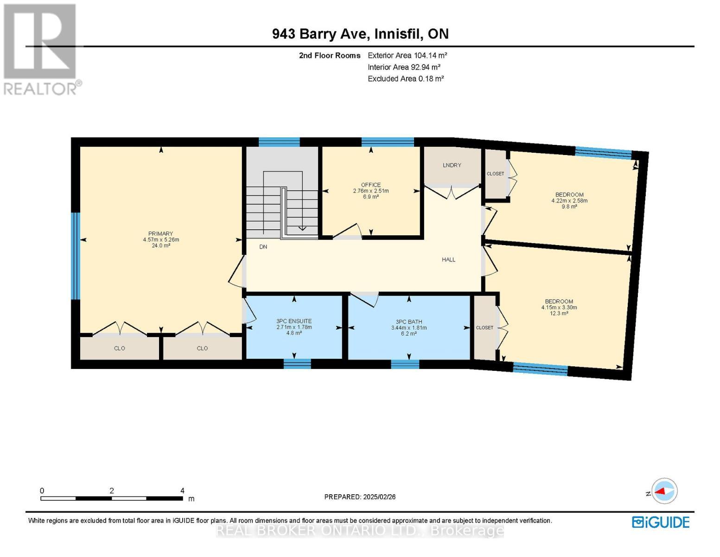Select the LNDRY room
click(x=452, y=166)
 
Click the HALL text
click(x=448, y=259)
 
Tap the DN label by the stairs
click(x=263, y=247)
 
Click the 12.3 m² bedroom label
click(x=559, y=307)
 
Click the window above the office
click(x=388, y=142)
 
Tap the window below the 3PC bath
click(x=405, y=364)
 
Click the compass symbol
click(x=664, y=491)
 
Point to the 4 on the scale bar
click(x=182, y=491)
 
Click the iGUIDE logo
click(x=661, y=522)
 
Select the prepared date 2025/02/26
click(x=360, y=497)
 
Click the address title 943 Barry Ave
click(x=360, y=34)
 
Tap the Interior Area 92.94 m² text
click(x=404, y=67)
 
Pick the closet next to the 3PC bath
click(x=484, y=328)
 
